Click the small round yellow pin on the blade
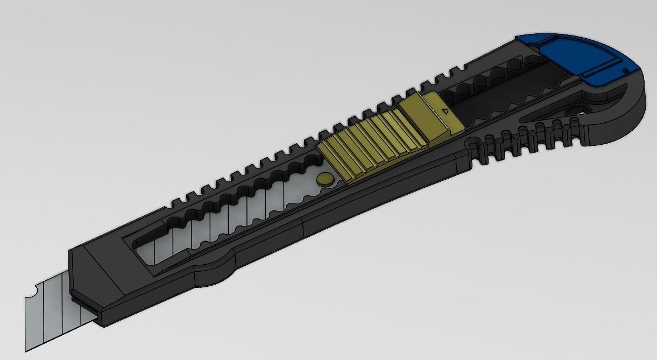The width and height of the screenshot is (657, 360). [x=326, y=179]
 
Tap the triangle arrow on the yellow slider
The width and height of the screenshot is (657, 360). [x=444, y=111]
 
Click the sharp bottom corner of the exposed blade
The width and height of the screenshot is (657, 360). [x=27, y=350]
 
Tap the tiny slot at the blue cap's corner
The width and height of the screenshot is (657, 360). [x=624, y=71]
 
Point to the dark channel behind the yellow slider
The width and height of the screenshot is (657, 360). [x=500, y=102]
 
